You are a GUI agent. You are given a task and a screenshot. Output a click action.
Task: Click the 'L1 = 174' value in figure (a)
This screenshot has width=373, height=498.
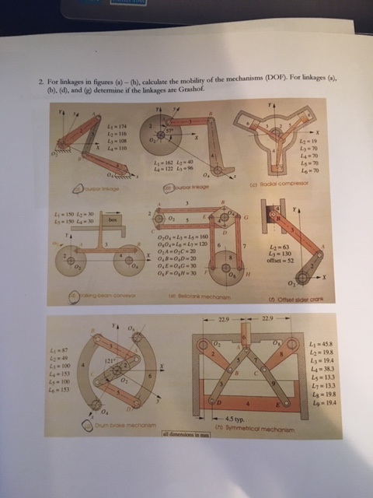116,126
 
